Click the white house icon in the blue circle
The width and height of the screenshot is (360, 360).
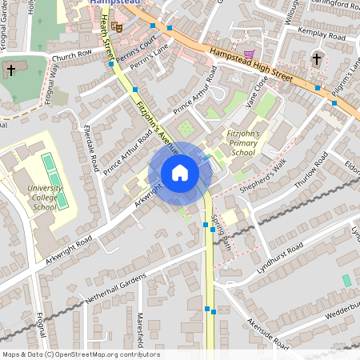[180, 172]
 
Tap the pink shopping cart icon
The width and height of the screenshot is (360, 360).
[250, 54]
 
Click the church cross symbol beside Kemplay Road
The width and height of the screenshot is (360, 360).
[317, 58]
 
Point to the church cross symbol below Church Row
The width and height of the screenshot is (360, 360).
[11, 70]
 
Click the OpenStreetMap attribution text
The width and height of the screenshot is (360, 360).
[81, 354]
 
